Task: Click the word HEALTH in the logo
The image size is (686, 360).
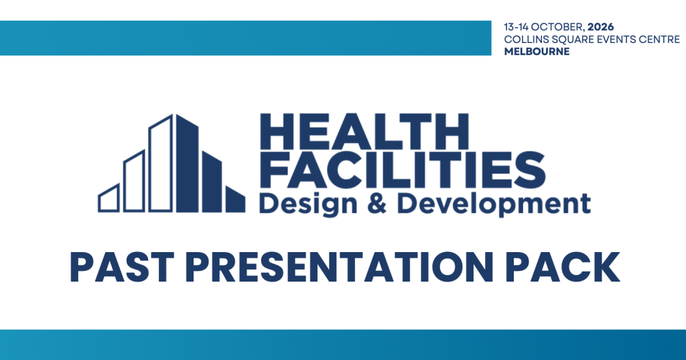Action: pyautogui.click(x=364, y=131)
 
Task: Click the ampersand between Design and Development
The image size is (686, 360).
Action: pyautogui.click(x=376, y=204)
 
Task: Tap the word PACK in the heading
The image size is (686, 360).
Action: pyautogui.click(x=563, y=267)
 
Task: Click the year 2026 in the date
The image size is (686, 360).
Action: pyautogui.click(x=601, y=27)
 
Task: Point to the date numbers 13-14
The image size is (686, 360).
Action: pyautogui.click(x=517, y=27)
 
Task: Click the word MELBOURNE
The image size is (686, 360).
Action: pyautogui.click(x=537, y=52)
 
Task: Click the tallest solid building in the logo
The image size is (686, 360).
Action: pyautogui.click(x=188, y=164)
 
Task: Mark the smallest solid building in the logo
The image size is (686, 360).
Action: pyautogui.click(x=235, y=200)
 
